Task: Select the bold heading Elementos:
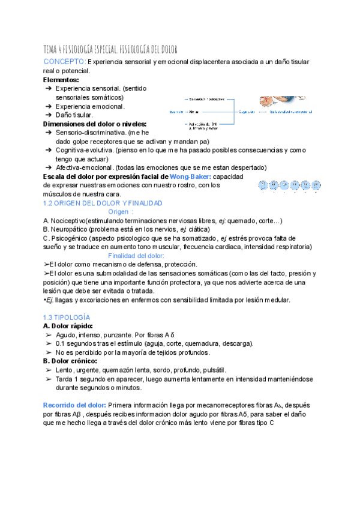coord(61,79)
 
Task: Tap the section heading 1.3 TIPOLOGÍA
coord(67,316)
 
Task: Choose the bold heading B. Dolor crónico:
coord(70,361)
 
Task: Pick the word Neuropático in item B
coord(71,229)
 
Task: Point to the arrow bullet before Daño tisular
coord(48,115)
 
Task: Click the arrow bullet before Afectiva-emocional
coord(48,167)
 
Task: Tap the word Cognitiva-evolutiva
coord(83,150)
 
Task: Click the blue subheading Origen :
coord(121,211)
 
